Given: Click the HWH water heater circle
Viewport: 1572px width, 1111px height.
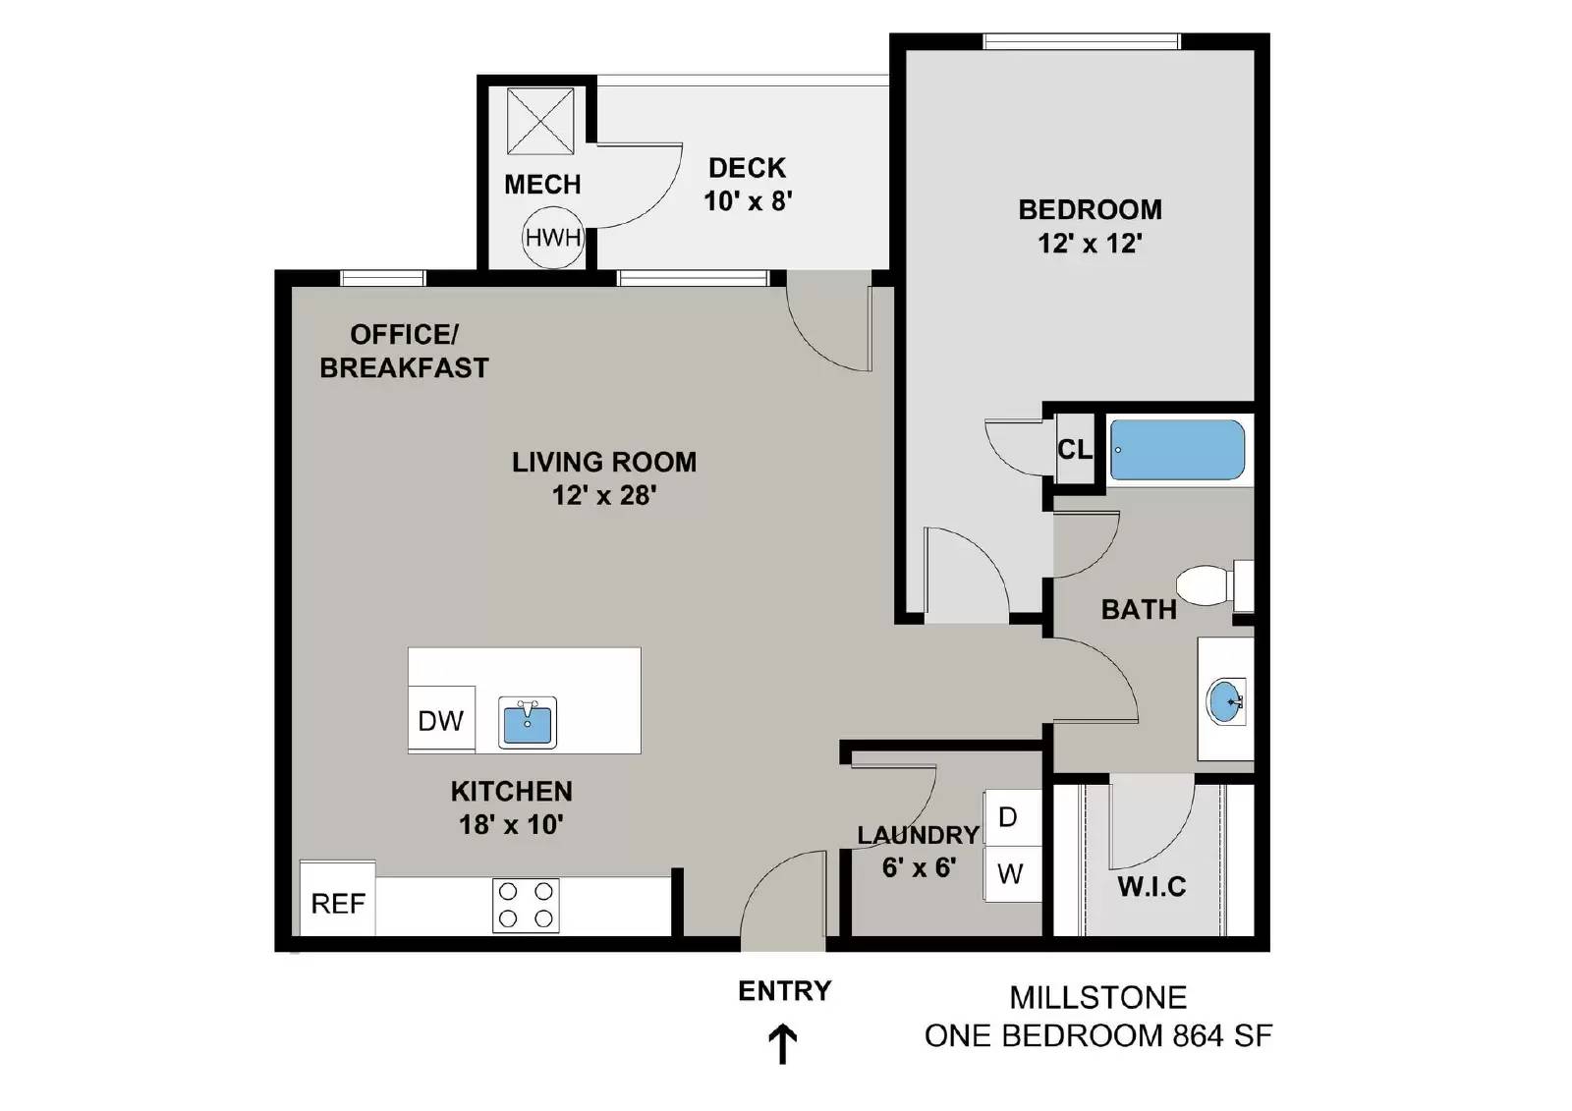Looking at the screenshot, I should pyautogui.click(x=553, y=238).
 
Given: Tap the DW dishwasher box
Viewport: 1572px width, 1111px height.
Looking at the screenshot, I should pyautogui.click(x=441, y=721).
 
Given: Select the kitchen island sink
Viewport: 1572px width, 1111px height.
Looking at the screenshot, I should pyautogui.click(x=528, y=723).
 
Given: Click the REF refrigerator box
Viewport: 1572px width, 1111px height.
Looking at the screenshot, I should pyautogui.click(x=338, y=903).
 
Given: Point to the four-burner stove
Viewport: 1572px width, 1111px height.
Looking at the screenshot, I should pyautogui.click(x=526, y=905).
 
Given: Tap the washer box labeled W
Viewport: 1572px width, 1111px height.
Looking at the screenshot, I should pyautogui.click(x=1011, y=873).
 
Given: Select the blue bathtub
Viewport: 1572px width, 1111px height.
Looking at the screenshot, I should pyautogui.click(x=1177, y=450).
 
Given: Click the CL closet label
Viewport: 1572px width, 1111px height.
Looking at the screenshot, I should pyautogui.click(x=1074, y=450).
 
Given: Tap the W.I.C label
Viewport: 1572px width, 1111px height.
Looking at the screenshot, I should pyautogui.click(x=1151, y=887).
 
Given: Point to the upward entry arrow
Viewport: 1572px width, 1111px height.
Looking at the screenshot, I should pyautogui.click(x=782, y=1044).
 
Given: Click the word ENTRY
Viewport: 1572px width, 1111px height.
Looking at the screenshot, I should pyautogui.click(x=784, y=991).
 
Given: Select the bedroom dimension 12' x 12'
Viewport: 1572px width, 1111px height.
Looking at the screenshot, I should pyautogui.click(x=1090, y=244).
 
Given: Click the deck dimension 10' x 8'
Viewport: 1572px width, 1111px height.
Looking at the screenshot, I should pyautogui.click(x=748, y=201).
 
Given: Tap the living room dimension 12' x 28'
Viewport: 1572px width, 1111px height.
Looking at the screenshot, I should pyautogui.click(x=603, y=495).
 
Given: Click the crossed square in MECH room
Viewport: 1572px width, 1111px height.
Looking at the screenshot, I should pyautogui.click(x=540, y=121).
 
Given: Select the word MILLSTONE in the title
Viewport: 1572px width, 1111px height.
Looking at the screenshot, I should pyautogui.click(x=1097, y=998).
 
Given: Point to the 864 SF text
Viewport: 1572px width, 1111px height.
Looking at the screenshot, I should pyautogui.click(x=1223, y=1035).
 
